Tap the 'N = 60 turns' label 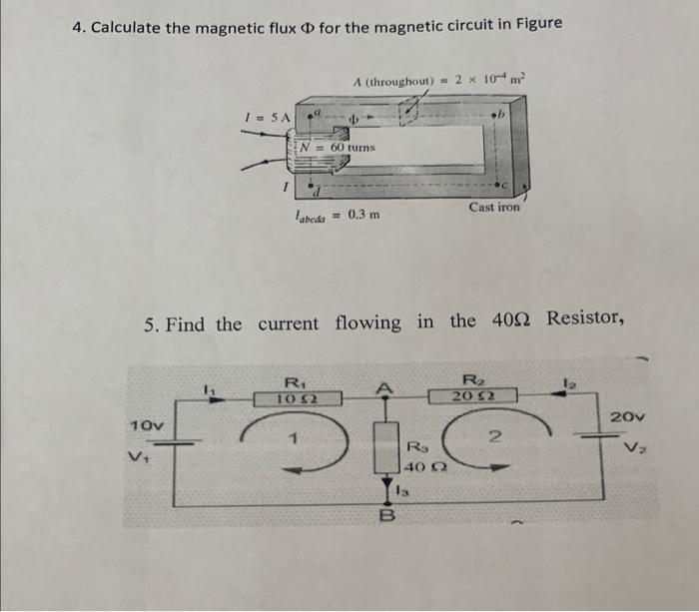coord(340,147)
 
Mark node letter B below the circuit coord(382,516)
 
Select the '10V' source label coord(147,425)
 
